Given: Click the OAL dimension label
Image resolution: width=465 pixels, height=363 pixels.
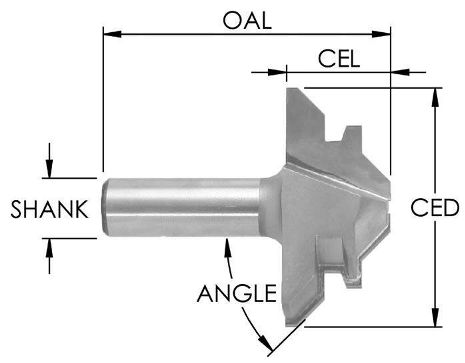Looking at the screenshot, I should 247,21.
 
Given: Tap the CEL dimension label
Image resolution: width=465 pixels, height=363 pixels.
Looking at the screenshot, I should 339,59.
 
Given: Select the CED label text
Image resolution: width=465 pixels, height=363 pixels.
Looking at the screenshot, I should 435,208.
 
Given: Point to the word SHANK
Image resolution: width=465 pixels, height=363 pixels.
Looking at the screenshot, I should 49,209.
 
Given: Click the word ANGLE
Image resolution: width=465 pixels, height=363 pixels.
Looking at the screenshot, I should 236,293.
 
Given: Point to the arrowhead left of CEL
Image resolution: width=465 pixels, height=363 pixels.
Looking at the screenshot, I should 278,72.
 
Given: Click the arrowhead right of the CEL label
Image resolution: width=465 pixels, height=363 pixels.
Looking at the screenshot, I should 400,72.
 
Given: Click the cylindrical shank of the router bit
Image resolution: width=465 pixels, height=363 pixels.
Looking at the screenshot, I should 182,207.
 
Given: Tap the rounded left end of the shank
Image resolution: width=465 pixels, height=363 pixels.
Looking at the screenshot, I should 105,207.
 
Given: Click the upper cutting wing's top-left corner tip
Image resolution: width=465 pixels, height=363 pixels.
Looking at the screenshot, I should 289,89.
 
